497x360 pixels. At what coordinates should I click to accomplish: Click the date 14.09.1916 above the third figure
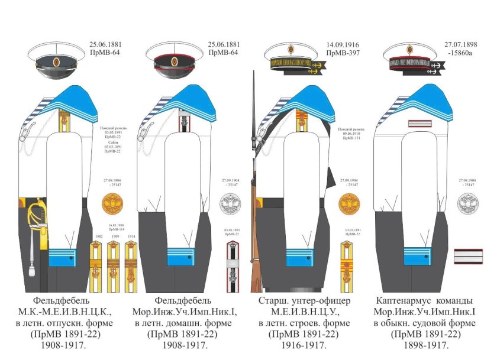coord(343,44)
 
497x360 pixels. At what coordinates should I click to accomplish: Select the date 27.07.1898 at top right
coord(461,44)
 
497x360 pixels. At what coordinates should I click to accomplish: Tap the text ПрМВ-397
coord(343,53)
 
